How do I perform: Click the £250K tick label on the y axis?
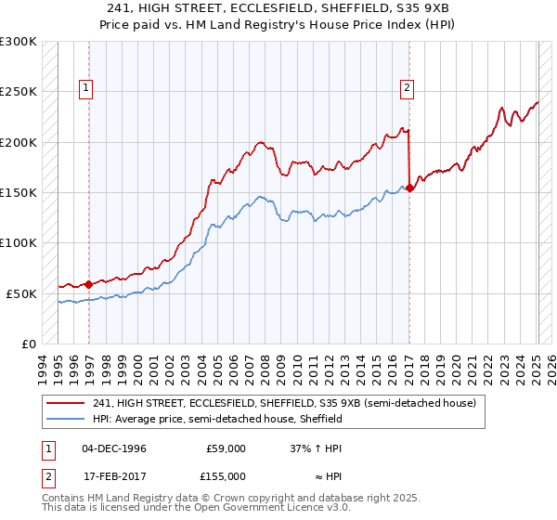coord(19,92)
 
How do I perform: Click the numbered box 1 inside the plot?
coord(85,88)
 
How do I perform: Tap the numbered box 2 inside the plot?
coord(407,88)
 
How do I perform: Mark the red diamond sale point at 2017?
coord(409,188)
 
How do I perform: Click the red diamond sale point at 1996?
coord(88,284)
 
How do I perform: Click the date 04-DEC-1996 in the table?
coord(114,448)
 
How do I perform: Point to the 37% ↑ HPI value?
coord(317,448)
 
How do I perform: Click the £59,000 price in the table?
coord(226,448)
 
